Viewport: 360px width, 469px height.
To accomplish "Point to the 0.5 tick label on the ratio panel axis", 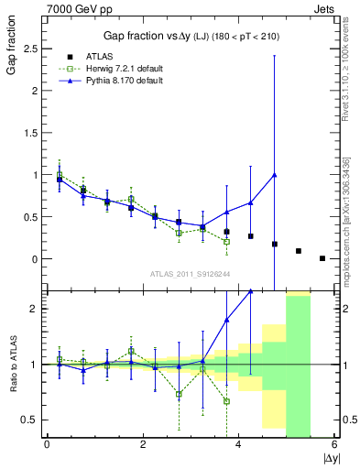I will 32,420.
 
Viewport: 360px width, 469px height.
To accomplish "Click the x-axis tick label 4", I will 238,445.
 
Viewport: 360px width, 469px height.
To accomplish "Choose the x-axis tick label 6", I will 334,445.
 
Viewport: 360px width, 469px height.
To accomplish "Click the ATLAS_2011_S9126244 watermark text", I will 191,273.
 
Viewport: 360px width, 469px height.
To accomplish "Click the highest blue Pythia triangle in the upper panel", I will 275,174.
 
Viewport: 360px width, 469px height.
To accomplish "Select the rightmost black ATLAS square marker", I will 322,258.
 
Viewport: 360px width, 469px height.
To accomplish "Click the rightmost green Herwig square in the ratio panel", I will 226,401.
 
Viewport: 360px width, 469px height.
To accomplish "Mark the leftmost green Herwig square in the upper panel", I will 60,174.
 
